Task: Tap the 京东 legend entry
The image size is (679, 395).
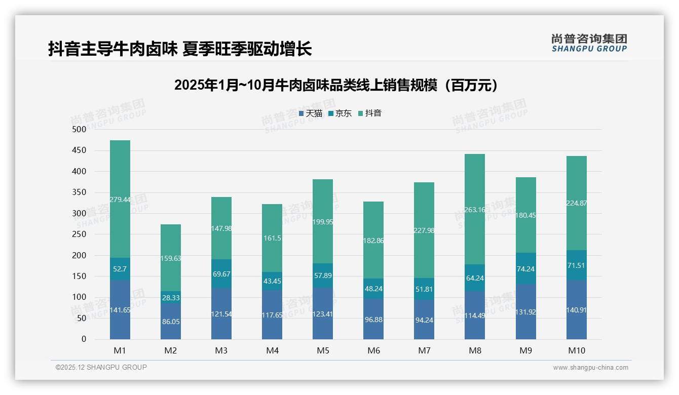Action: pyautogui.click(x=340, y=113)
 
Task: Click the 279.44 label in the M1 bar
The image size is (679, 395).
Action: pyautogui.click(x=120, y=200)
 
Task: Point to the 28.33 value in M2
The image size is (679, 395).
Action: pyautogui.click(x=171, y=298)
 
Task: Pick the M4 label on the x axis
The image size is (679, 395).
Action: pyautogui.click(x=272, y=350)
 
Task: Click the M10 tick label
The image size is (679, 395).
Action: pyautogui.click(x=576, y=350)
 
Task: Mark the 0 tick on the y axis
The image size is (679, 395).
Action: pyautogui.click(x=84, y=339)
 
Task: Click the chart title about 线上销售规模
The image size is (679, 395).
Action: pyautogui.click(x=335, y=85)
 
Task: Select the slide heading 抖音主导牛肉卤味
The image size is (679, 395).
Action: pyautogui.click(x=179, y=49)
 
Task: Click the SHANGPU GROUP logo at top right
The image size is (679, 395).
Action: pyautogui.click(x=589, y=43)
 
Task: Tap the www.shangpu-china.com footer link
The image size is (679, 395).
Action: pyautogui.click(x=590, y=368)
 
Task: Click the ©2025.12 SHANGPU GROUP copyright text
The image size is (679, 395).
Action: pyautogui.click(x=101, y=368)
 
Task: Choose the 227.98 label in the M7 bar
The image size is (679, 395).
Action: pyautogui.click(x=424, y=230)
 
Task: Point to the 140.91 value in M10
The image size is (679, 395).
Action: pyautogui.click(x=576, y=310)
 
